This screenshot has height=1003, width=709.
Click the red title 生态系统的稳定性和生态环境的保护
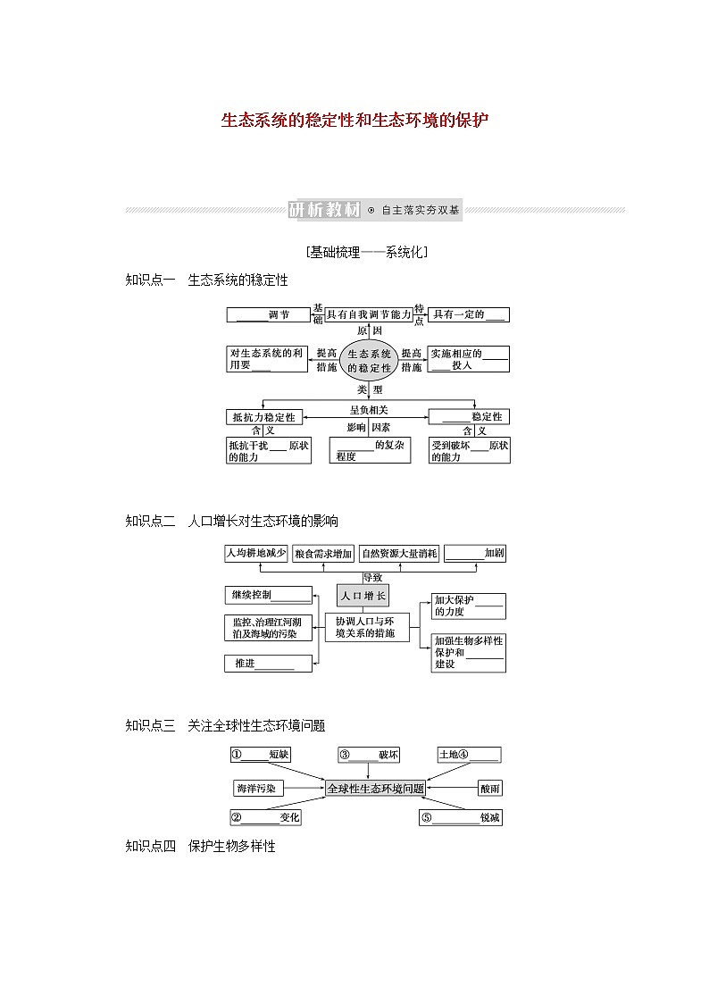tap(354, 120)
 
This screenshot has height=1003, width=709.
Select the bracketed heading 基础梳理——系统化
tap(366, 253)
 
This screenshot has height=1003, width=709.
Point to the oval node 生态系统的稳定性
tap(369, 361)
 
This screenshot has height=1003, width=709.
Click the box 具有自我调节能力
tap(368, 314)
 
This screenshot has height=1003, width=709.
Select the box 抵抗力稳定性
tap(265, 416)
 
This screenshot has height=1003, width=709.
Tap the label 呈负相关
tap(368, 410)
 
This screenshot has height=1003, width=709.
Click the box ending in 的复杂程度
tap(370, 450)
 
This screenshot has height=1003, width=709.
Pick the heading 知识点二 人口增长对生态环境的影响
tap(232, 521)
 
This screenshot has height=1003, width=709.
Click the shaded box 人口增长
tap(363, 596)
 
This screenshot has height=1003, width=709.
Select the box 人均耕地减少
tap(256, 553)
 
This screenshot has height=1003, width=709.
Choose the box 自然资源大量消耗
tap(400, 553)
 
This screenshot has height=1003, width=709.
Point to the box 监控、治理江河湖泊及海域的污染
tap(268, 627)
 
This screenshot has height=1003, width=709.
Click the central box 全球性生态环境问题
tap(375, 789)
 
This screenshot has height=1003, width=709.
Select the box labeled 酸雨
tap(489, 789)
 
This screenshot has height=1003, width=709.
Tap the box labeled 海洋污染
tap(255, 789)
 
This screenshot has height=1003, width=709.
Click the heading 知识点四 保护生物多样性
tap(201, 846)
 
